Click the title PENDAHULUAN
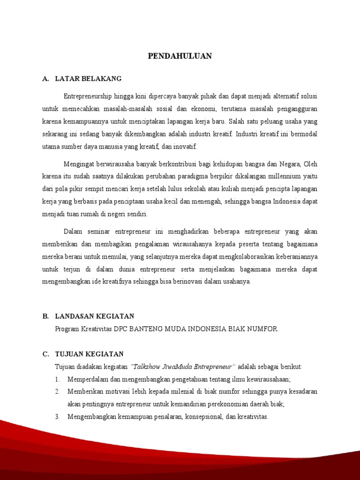pos(180,56)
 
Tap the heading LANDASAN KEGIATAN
pos(95,316)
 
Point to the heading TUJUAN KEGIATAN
pos(89,354)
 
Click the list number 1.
pos(57,379)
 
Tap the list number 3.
pos(57,416)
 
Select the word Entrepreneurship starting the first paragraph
pos(88,97)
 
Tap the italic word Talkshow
pos(148,366)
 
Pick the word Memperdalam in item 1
pos(88,379)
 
